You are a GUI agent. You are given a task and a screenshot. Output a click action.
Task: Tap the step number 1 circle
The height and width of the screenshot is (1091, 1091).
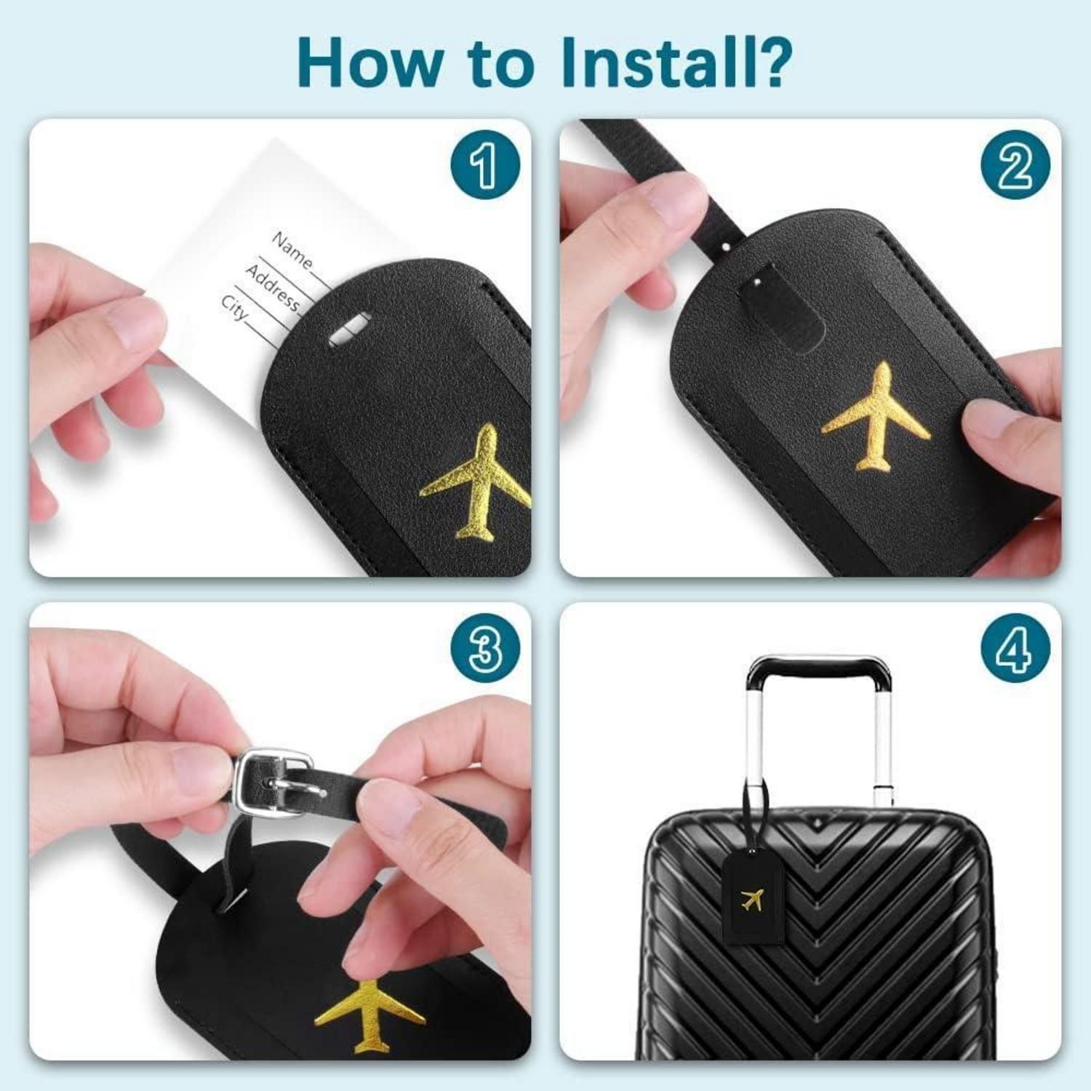point(484,165)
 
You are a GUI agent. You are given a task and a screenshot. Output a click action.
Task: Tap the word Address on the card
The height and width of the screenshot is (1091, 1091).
point(272,288)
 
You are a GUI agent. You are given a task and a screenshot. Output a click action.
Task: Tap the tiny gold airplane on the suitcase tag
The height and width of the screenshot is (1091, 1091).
point(753,900)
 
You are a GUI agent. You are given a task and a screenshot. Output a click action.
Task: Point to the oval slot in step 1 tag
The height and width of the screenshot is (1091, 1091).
point(349,328)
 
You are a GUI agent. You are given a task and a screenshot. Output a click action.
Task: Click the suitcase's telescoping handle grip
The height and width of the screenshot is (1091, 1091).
point(821,668)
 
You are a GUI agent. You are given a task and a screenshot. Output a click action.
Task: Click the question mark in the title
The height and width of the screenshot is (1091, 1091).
point(770,61)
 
